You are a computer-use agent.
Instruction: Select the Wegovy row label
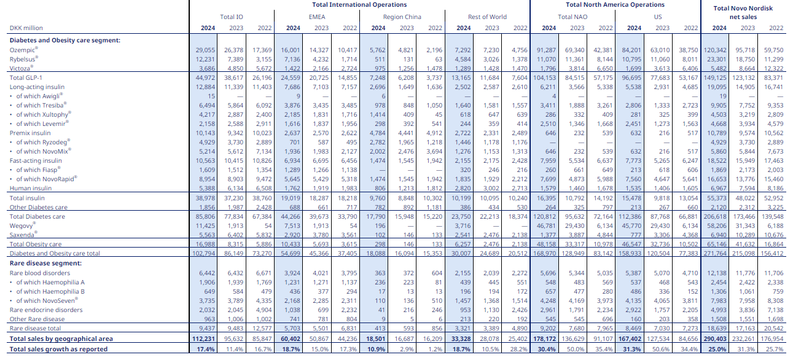tap(23, 225)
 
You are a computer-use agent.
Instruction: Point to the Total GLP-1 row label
tap(26, 77)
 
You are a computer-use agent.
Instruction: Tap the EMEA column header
tap(321, 17)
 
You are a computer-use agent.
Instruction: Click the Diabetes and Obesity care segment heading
tap(64, 40)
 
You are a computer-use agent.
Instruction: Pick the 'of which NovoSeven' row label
tap(44, 300)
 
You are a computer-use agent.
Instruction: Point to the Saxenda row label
tap(23, 235)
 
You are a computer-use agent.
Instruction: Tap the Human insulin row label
tap(30, 188)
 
